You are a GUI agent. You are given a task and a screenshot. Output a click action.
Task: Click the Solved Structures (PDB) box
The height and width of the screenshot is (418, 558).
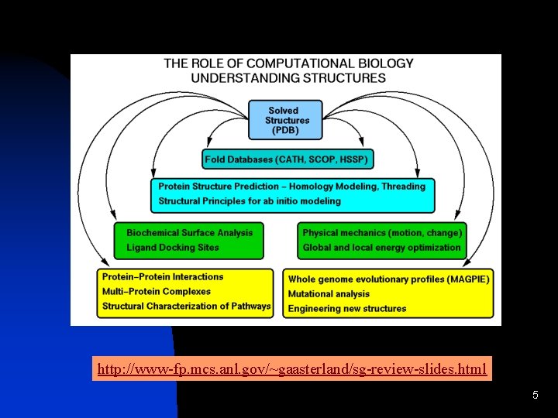coord(287,121)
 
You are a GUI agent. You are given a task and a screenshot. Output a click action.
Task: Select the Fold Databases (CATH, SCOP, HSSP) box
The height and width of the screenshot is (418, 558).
coord(288,159)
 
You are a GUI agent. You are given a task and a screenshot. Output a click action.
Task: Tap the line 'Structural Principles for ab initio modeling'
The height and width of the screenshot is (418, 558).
coord(249,201)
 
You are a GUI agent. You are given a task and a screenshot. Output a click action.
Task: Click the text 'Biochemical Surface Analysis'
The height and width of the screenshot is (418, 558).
coord(189,232)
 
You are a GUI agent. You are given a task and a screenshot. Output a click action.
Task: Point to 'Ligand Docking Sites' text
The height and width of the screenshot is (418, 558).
coord(172,248)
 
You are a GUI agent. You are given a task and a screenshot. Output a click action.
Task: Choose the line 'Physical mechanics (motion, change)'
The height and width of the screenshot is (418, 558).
coord(382,232)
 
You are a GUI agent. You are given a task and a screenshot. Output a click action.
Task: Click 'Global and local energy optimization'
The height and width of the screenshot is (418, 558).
coord(381,248)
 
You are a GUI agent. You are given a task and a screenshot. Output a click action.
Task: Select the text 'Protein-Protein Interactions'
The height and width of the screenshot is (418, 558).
coord(162,277)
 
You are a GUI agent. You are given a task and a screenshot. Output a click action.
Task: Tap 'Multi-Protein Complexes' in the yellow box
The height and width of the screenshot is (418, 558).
coord(156,292)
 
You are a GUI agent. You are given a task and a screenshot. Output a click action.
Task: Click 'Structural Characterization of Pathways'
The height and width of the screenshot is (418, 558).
coord(186,307)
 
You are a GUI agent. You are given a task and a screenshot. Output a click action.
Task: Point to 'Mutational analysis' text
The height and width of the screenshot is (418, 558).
coord(329,294)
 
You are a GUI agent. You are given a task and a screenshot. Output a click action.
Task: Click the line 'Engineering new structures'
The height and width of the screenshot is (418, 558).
coord(346,309)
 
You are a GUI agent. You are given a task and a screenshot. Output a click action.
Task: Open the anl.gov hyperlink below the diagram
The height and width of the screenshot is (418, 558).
coord(291,369)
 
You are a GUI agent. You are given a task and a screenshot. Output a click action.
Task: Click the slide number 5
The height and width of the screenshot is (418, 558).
coord(535,396)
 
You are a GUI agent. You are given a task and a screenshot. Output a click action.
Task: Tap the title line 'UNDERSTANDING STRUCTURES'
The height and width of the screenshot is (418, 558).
coord(288,77)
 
